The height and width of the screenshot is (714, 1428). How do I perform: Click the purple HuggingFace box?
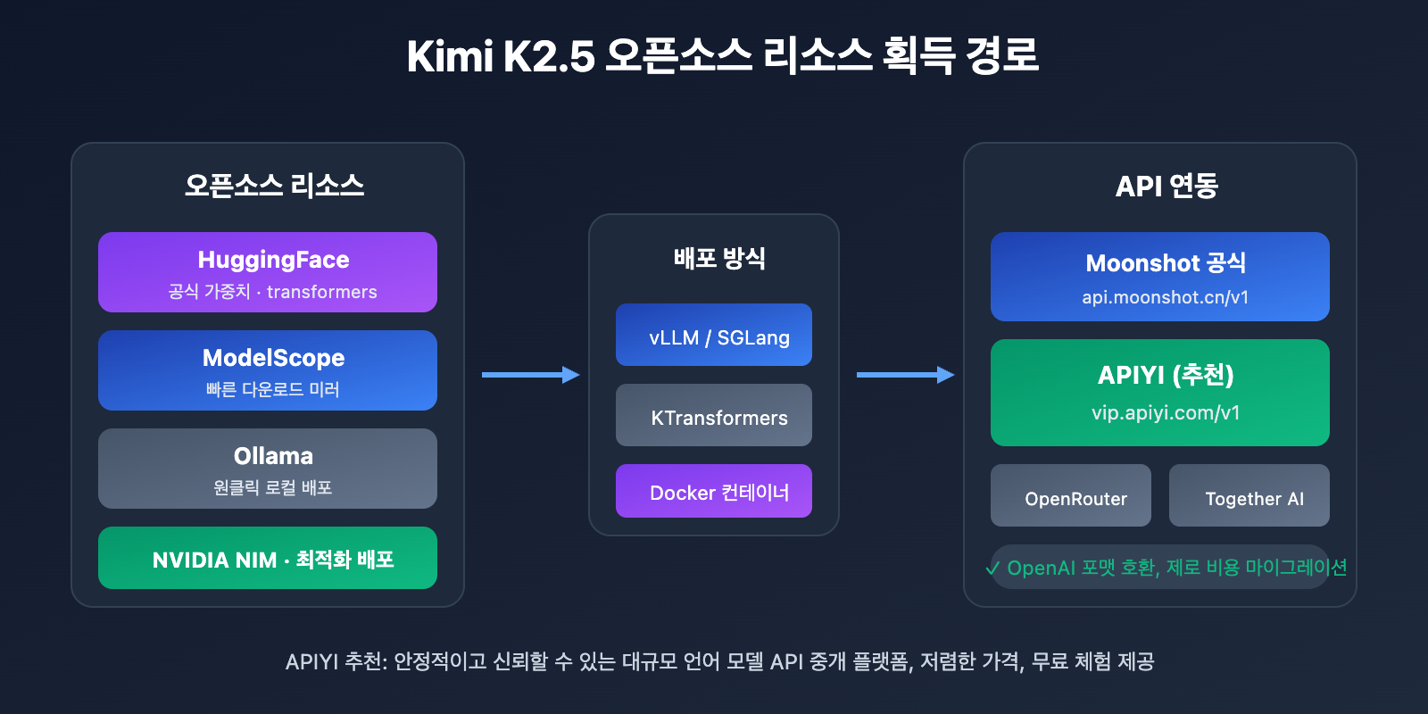[268, 272]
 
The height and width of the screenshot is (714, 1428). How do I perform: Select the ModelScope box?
[268, 370]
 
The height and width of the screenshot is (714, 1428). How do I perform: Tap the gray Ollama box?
[268, 469]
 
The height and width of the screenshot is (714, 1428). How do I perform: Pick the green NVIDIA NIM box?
[268, 558]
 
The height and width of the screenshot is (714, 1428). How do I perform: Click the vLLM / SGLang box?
[714, 335]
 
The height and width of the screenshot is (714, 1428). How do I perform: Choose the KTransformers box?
[714, 415]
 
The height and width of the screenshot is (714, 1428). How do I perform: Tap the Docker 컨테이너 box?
[714, 491]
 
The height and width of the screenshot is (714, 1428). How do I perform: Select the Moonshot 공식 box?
[1160, 277]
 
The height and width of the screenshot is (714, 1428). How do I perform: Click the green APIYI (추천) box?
[1160, 393]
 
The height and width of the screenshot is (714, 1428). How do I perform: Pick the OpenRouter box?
[1071, 496]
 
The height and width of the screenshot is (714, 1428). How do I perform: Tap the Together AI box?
[1249, 496]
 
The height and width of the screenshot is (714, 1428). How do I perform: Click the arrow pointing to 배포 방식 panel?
[531, 375]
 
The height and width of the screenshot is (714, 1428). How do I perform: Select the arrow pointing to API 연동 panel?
[906, 375]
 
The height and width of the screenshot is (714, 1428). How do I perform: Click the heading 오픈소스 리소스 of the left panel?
[274, 186]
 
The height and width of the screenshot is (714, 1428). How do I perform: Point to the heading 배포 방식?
[719, 259]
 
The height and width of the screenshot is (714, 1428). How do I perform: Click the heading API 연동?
[1166, 186]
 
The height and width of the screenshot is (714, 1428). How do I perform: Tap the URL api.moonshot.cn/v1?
[1165, 297]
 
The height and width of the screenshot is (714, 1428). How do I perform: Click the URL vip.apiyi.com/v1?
[1165, 413]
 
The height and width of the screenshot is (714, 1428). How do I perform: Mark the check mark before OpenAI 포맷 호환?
[993, 569]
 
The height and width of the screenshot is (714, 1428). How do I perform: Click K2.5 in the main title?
[549, 56]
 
